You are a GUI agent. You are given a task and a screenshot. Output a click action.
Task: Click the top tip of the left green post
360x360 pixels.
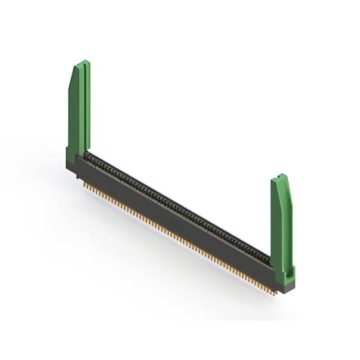point(83,62)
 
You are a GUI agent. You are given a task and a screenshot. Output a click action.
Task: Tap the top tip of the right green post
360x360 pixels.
point(282,176)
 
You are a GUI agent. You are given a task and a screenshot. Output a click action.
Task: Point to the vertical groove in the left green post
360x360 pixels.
point(83,107)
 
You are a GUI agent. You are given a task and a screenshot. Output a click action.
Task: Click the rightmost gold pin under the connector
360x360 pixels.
point(275,293)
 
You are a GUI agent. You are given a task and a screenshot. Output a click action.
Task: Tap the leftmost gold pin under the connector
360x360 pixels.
point(84,183)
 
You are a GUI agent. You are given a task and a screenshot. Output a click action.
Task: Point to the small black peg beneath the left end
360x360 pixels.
point(77,177)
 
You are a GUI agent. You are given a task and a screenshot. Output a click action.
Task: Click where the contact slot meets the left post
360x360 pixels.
point(89,154)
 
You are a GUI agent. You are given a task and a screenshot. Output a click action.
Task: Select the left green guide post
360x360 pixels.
point(79,112)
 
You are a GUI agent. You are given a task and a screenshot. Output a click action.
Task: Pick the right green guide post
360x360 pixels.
point(281,225)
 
